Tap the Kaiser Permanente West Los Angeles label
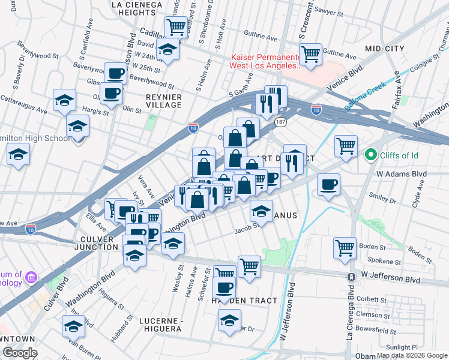(265, 61)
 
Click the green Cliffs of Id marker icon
(370, 156)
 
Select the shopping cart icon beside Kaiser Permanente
(310, 55)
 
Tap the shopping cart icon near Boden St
(345, 247)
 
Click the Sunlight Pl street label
(402, 347)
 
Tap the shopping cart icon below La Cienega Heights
(176, 26)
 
